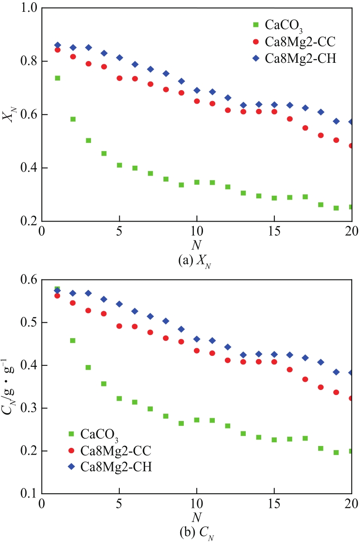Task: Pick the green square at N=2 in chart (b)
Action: pyautogui.click(x=72, y=340)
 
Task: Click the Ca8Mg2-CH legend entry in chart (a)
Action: pyautogui.click(x=295, y=59)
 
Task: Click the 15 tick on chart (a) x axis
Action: pyautogui.click(x=274, y=229)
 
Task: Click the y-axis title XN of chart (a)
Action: pyautogui.click(x=8, y=115)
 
